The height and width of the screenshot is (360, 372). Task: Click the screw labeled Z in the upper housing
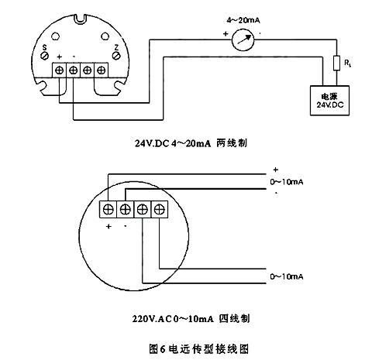[114, 57]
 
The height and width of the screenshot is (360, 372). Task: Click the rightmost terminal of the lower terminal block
[160, 208]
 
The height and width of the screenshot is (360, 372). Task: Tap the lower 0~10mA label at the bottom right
[285, 276]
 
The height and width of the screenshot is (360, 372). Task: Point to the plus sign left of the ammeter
[225, 33]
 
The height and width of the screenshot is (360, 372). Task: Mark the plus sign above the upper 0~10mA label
[274, 169]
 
